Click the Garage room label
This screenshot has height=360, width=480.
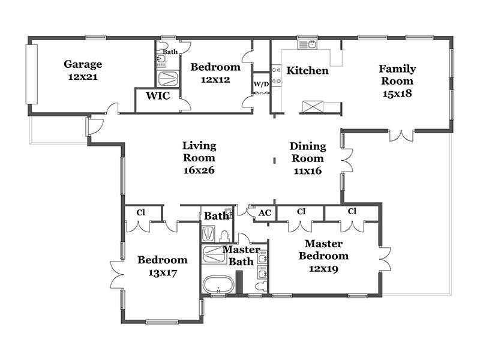(x=83, y=64)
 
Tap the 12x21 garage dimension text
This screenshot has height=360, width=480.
(x=83, y=77)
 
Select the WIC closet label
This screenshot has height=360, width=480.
(x=158, y=95)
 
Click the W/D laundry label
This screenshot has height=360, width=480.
(x=261, y=84)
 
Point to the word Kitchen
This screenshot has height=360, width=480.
(x=307, y=70)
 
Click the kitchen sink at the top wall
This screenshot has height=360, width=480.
(x=307, y=44)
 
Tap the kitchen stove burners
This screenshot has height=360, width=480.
(x=276, y=76)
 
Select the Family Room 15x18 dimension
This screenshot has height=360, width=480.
(x=397, y=94)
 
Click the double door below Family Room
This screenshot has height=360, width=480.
(x=401, y=136)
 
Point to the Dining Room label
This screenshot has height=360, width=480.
(x=308, y=152)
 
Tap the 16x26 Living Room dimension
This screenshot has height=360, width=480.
(x=199, y=170)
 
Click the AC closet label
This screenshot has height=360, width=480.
(x=265, y=213)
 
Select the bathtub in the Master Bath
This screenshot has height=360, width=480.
(x=218, y=284)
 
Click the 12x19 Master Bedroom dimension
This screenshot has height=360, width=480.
(x=323, y=269)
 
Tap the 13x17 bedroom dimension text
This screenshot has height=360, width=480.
(x=163, y=273)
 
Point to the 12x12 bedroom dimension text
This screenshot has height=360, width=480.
(x=215, y=80)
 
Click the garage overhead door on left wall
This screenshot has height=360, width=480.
(x=32, y=74)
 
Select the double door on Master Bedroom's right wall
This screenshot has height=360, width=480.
(x=385, y=259)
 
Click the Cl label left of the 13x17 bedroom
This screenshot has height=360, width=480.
(x=141, y=212)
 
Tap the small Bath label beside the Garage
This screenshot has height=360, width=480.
(x=170, y=52)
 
